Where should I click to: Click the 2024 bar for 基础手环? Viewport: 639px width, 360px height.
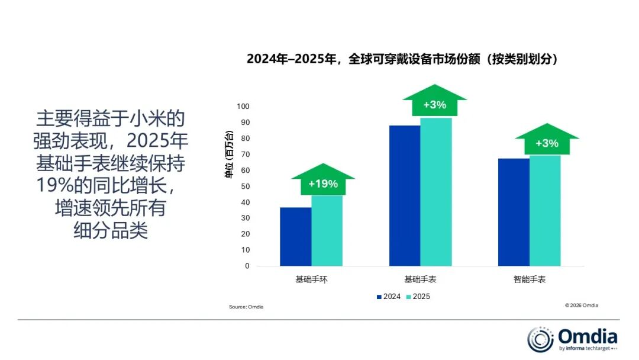coord(295,236)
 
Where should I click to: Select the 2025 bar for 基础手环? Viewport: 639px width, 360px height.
coord(327,230)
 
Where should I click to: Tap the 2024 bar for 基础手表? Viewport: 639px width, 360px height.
coord(405,195)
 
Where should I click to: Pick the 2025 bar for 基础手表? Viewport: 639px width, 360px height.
coord(436,192)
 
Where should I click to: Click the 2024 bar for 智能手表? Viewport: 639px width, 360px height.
coord(514,212)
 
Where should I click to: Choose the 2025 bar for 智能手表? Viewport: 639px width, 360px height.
coord(545,210)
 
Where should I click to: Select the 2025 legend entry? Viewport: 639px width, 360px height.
coord(418,296)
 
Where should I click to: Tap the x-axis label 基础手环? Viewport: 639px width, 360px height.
coord(311,279)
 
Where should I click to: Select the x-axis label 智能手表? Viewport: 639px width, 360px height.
coord(530,279)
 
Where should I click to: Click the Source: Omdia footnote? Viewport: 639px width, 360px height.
coord(246,307)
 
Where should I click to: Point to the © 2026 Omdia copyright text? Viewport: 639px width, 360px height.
coord(581,306)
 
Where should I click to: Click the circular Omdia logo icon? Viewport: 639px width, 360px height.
coord(540,339)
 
